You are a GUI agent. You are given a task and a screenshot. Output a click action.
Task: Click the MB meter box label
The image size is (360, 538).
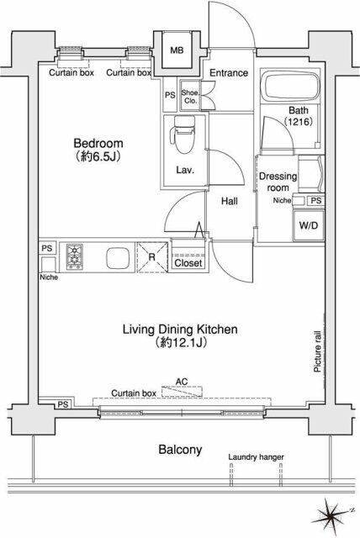[177, 50]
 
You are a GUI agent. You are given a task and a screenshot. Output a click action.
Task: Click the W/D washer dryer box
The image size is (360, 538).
[308, 225]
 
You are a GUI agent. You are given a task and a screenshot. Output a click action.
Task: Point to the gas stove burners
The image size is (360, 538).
[75, 256]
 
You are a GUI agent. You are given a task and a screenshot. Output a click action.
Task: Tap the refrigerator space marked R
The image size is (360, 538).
[152, 257]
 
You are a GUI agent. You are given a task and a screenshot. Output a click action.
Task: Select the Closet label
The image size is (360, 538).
[188, 263]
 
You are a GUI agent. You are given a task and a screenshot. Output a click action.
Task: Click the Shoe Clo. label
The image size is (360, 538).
[190, 97]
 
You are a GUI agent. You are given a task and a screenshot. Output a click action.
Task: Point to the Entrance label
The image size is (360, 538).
[229, 73]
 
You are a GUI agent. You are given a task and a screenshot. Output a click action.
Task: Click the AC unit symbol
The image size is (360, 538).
[182, 392]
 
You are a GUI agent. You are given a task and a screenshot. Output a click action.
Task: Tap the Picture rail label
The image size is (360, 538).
[317, 351]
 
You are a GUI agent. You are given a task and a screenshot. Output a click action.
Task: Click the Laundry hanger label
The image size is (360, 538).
[256, 457]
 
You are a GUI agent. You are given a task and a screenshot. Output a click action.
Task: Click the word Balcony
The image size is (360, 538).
[180, 450]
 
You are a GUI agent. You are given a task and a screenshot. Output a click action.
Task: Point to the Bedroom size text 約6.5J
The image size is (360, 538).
[98, 156]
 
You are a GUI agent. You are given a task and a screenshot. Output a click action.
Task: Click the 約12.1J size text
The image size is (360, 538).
[181, 342]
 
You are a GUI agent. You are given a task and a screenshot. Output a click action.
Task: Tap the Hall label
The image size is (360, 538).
[230, 201]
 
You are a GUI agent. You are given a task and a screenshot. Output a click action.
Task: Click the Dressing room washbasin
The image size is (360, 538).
[310, 174]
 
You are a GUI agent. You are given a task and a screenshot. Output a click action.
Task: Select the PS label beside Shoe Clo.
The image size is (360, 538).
[170, 95]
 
